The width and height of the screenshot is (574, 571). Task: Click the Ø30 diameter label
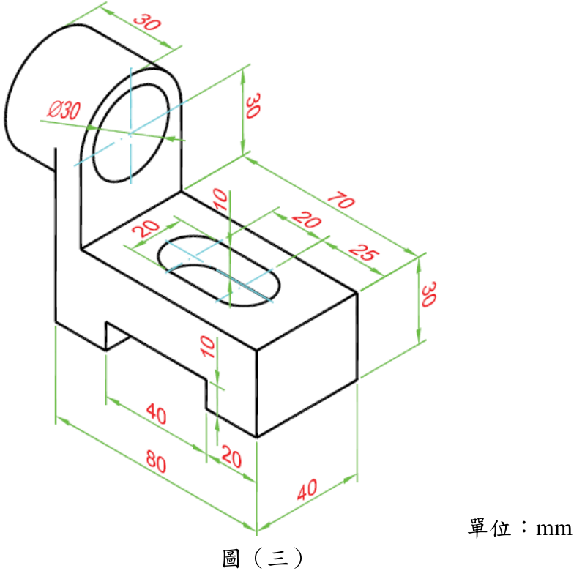64,110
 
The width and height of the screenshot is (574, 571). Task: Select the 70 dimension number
341,201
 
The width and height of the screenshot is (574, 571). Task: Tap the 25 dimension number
363,252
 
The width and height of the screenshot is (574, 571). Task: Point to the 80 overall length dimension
157,461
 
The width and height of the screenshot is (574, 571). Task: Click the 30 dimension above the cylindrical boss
147,22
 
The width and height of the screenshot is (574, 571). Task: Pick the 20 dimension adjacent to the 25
306,220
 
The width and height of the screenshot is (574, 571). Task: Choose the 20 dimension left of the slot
146,228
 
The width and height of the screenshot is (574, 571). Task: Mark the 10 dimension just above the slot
221,199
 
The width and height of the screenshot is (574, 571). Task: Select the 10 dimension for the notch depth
208,347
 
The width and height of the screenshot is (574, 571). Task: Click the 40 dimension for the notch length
157,413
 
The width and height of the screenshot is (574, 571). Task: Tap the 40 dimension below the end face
307,490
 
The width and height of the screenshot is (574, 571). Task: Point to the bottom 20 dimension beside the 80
231,457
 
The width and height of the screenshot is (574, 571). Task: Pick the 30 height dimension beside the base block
429,294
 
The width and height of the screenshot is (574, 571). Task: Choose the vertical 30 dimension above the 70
253,105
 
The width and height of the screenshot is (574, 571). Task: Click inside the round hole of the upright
131,133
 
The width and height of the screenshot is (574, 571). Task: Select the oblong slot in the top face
219,271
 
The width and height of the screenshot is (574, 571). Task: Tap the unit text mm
553,529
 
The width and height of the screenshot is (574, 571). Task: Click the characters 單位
489,527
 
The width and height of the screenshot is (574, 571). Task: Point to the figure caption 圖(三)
262,558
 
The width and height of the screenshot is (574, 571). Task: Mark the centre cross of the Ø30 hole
130,134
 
